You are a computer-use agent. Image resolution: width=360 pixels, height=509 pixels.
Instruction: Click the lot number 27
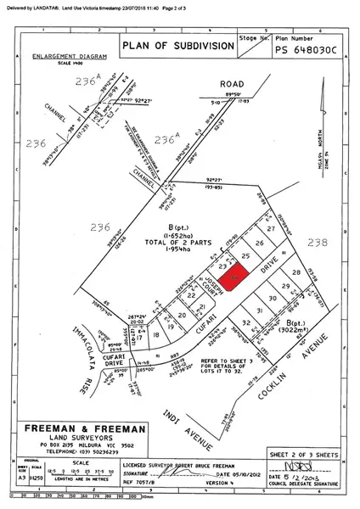(271, 229)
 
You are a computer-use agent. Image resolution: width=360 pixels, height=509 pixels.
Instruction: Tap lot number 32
(245, 323)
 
